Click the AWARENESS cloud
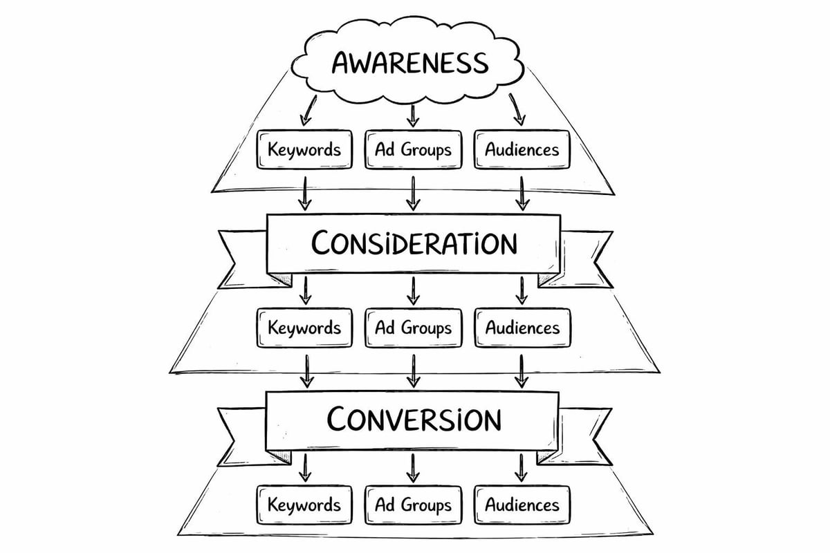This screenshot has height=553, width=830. pyautogui.click(x=409, y=62)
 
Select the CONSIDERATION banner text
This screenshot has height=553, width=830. pyautogui.click(x=413, y=243)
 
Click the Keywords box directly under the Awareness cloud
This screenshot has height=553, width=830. pyautogui.click(x=304, y=149)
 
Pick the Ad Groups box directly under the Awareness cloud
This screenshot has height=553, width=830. pyautogui.click(x=413, y=149)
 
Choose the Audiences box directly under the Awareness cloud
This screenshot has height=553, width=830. pyautogui.click(x=522, y=149)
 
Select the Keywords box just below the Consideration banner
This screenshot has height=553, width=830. pyautogui.click(x=304, y=327)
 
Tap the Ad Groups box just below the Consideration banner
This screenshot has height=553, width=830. pyautogui.click(x=413, y=327)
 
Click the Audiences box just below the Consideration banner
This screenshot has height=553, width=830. pyautogui.click(x=522, y=327)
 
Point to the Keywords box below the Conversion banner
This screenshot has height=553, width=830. pyautogui.click(x=304, y=504)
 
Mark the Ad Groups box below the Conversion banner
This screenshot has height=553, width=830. pyautogui.click(x=413, y=504)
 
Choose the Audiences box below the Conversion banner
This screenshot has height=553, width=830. pyautogui.click(x=522, y=504)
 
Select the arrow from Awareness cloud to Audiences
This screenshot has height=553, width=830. pyautogui.click(x=517, y=111)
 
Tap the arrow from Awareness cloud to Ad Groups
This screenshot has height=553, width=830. pyautogui.click(x=413, y=114)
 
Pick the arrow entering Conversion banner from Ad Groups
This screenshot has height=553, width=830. pyautogui.click(x=413, y=372)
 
